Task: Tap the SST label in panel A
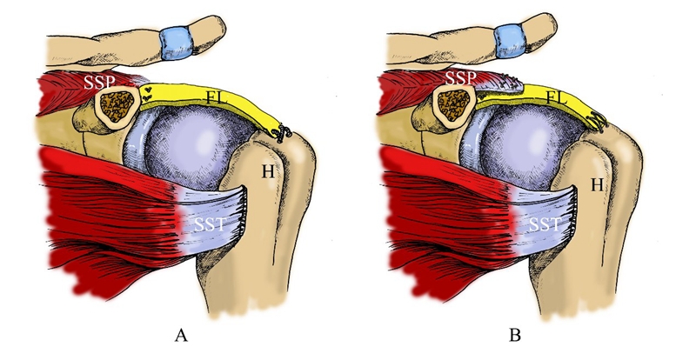(205, 225)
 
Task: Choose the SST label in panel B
(544, 226)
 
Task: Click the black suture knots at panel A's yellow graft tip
(282, 132)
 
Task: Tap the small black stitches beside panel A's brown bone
(149, 90)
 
